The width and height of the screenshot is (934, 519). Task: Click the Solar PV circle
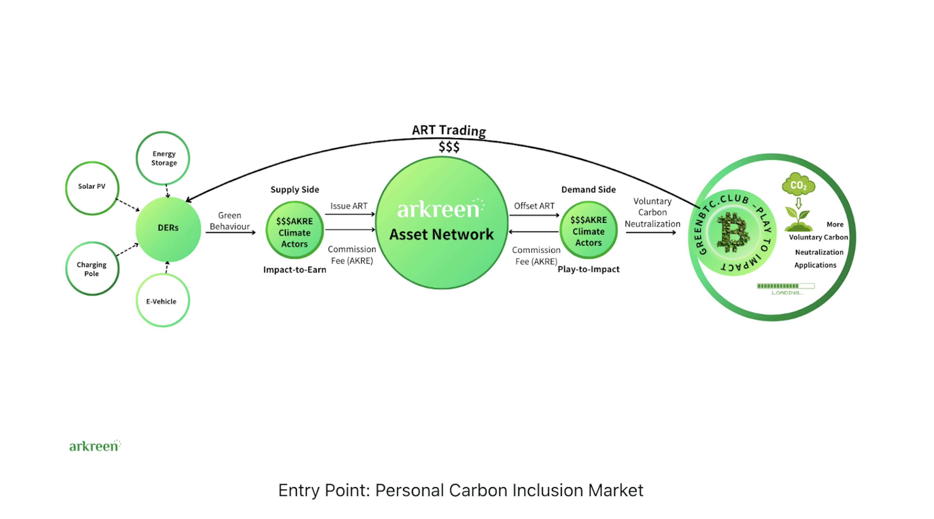pos(92,188)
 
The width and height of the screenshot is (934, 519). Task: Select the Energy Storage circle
pos(163,158)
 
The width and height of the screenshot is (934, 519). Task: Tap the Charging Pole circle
pos(92,268)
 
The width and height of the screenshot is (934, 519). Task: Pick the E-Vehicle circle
pos(163,300)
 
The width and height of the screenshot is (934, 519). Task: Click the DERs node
pos(168,229)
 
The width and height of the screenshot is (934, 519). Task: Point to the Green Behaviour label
pos(230,221)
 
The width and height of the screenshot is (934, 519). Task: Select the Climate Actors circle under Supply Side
pos(294,231)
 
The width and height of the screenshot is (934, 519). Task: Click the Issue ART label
pos(349,206)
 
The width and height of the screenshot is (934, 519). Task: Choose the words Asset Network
pos(441,234)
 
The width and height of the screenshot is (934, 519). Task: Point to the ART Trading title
pos(449,130)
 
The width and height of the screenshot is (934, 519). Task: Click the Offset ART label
pos(534,206)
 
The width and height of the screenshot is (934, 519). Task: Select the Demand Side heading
pos(588,189)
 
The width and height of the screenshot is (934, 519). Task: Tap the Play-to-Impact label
pos(588,269)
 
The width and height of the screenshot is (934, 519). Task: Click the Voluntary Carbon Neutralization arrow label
pos(652,212)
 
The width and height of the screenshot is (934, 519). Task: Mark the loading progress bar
pos(785,286)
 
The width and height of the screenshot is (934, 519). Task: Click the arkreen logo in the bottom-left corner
pos(95,446)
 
